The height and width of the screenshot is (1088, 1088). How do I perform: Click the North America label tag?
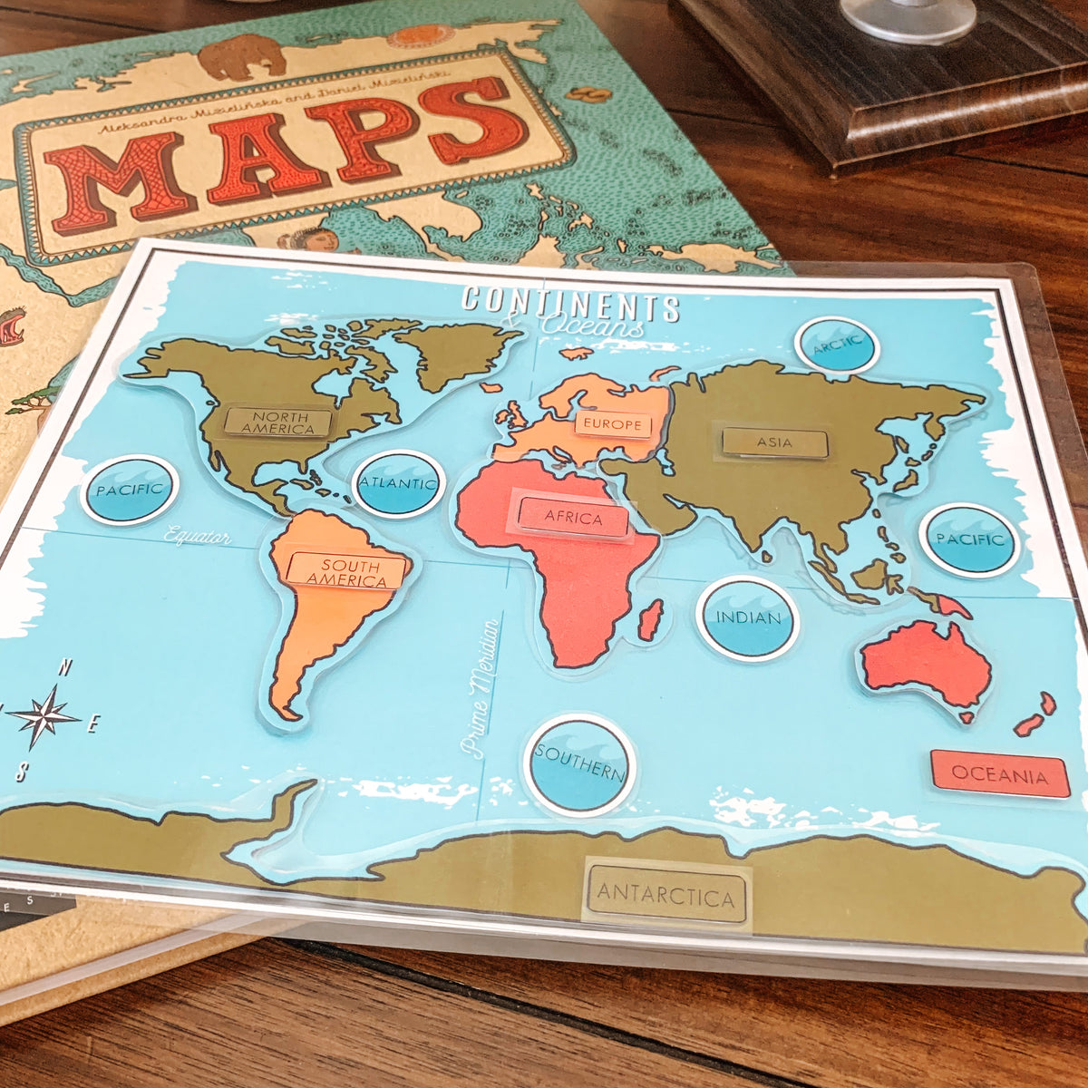point(278,423)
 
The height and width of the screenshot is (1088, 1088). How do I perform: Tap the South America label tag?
point(345,571)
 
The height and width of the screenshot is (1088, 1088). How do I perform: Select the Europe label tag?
point(613,424)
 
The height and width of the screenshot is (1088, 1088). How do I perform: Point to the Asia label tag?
point(774,443)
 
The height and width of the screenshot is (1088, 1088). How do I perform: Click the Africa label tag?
point(573,519)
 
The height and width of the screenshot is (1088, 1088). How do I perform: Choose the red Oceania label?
point(1000,775)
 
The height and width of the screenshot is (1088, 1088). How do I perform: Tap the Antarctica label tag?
point(666,897)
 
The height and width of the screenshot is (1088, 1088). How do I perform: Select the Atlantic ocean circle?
point(398,483)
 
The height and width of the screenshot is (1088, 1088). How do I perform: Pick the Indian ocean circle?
point(748,618)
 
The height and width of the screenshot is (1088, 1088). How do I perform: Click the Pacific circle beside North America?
point(129,490)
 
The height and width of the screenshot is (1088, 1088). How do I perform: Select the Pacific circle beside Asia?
point(970,540)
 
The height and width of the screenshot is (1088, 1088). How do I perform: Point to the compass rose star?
point(44,715)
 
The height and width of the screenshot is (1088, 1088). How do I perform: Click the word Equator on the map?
point(197,536)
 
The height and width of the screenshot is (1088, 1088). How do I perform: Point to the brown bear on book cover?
point(241,56)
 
